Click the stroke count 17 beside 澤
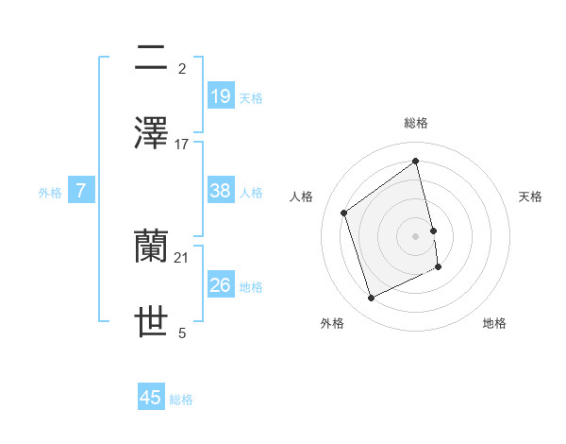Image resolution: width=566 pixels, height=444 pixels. (x=182, y=144)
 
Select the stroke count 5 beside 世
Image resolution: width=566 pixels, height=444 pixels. (x=182, y=333)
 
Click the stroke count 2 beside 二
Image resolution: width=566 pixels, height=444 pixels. (x=182, y=69)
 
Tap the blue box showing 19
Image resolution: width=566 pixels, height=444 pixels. (x=221, y=96)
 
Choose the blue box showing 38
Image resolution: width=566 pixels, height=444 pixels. (x=221, y=191)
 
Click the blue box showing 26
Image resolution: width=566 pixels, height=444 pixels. (x=221, y=285)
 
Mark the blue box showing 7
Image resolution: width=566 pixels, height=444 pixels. (x=81, y=191)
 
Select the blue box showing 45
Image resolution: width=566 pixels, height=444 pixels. (x=151, y=399)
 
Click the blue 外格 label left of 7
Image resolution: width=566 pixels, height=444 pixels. (x=50, y=193)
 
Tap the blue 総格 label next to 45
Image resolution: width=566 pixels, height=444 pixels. (x=181, y=401)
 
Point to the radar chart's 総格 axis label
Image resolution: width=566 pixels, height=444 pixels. (x=416, y=123)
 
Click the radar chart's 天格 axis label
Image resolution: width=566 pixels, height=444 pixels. (x=531, y=196)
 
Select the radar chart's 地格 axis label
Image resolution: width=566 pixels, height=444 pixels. (x=494, y=323)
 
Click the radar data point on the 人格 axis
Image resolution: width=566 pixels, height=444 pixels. (x=344, y=213)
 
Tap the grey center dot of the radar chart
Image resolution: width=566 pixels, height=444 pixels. (x=416, y=235)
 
